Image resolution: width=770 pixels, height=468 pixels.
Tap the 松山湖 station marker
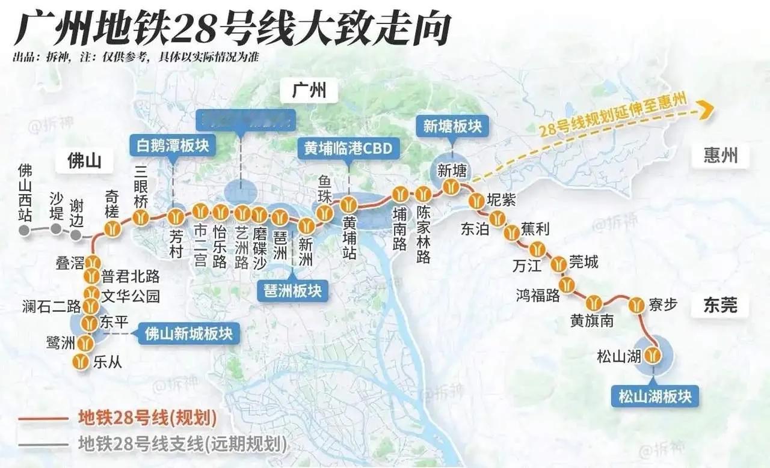652,356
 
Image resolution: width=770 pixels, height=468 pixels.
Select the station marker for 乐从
81,362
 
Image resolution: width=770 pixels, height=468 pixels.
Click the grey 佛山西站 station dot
24,231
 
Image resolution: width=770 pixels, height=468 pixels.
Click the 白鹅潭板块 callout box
172,145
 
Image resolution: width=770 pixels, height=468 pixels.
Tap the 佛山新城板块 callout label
189,333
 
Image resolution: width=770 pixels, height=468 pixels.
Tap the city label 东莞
720,306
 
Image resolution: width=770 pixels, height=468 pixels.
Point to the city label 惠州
720,157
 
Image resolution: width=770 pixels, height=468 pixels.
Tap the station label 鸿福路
538,296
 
